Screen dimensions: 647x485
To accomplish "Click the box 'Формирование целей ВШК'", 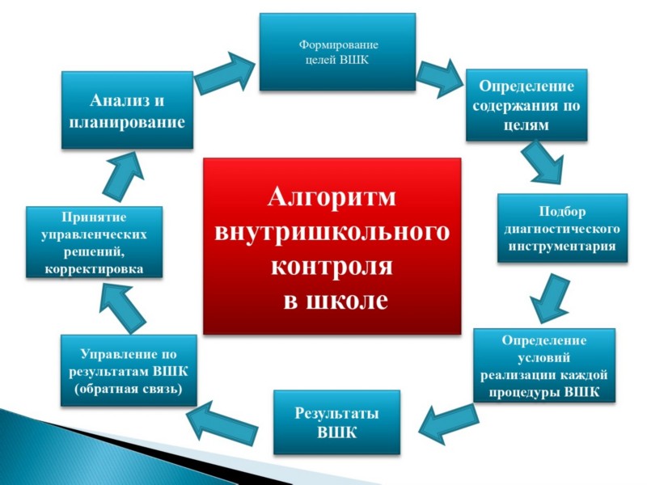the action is tap(337, 52).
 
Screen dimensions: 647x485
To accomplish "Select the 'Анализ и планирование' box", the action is tap(128, 110).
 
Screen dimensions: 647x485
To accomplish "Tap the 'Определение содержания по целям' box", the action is tap(526, 105).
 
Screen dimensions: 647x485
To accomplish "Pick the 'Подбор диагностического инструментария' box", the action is tap(562, 229).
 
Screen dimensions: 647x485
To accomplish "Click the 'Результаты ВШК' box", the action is tap(336, 422).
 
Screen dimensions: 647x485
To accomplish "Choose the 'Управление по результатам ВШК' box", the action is tap(129, 371).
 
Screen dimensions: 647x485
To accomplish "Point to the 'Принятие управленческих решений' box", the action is tap(94, 242).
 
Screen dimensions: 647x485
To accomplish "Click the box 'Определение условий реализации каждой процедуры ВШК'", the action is tap(544, 365).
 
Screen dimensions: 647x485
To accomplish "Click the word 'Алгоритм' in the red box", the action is tap(332, 196).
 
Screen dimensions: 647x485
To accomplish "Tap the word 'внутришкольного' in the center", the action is tap(332, 231).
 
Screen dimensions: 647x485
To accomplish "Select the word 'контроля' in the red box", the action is tap(332, 266).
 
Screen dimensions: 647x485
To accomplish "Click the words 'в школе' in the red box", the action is tap(336, 300).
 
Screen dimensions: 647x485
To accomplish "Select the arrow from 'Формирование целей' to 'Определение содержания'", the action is tap(439, 78).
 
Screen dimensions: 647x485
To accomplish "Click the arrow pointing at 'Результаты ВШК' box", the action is tap(448, 424).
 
